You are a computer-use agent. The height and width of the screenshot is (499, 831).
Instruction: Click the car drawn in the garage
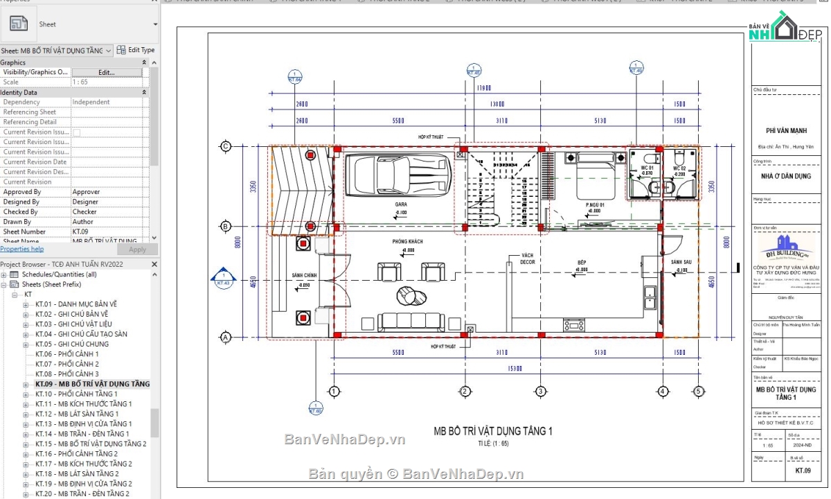[392, 175]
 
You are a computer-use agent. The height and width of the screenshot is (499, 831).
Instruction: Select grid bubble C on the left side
[225, 146]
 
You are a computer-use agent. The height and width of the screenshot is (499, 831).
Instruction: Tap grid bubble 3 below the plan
[540, 392]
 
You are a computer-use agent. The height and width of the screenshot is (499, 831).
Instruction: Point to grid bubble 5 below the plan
[698, 392]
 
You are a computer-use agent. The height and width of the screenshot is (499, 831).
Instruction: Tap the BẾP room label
[582, 262]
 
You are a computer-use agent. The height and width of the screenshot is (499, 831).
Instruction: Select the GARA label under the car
[402, 205]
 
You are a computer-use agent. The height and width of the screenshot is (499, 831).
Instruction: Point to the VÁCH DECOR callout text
[528, 259]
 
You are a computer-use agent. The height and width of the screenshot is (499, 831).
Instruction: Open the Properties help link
[22, 249]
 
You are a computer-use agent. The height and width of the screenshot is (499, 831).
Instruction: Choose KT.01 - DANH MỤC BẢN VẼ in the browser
[76, 304]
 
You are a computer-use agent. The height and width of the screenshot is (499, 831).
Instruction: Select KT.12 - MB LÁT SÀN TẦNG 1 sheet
[77, 414]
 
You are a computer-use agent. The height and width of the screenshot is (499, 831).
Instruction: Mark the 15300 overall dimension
[513, 367]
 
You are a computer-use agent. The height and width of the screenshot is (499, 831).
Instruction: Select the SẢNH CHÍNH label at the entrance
[304, 276]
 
